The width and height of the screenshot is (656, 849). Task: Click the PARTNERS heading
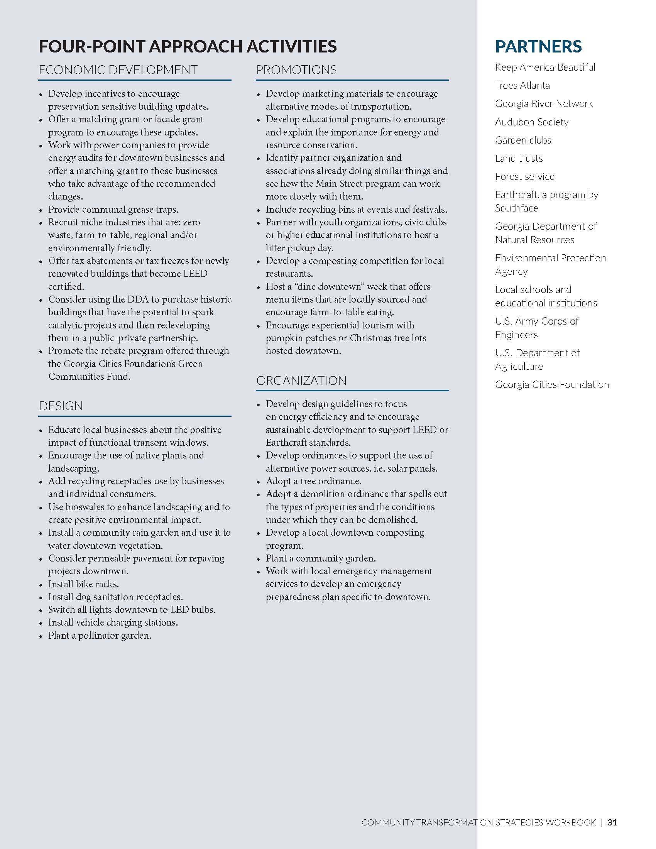point(538,46)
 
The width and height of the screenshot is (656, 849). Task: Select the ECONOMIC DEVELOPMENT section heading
point(118,70)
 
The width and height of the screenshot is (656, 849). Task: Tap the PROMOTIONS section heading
point(296,70)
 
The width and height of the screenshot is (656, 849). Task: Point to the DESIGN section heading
point(61,406)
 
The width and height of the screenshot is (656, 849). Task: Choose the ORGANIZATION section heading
point(301,380)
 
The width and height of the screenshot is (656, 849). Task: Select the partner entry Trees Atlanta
point(522,86)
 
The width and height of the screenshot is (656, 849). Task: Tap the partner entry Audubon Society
point(532,122)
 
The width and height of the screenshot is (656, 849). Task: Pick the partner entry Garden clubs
point(523,140)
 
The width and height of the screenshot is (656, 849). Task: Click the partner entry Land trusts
point(519,158)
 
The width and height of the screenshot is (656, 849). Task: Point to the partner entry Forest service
point(525,176)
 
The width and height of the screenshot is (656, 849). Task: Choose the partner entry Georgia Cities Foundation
point(552,384)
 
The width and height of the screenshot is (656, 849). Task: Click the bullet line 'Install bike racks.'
point(84,584)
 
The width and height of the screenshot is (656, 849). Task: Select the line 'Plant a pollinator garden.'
point(100,635)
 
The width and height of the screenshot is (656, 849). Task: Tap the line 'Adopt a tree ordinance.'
point(314,481)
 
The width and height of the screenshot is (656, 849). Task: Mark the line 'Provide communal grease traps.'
point(113,209)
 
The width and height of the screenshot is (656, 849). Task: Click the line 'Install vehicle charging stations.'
point(113,622)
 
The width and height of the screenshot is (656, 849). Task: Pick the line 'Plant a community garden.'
point(321,558)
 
